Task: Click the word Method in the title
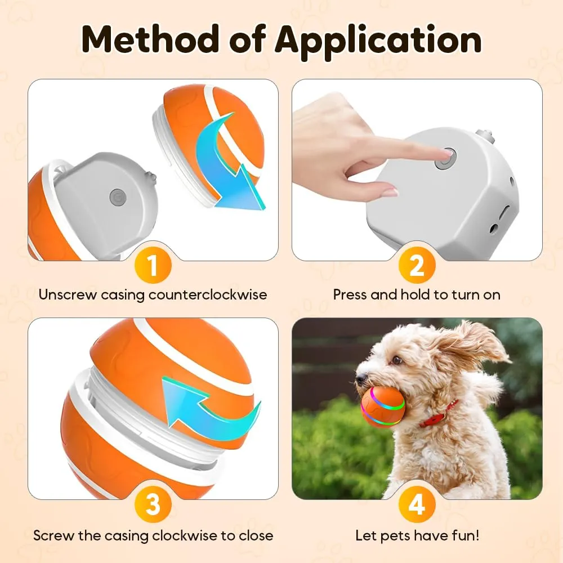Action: [150, 39]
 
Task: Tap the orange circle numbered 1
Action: [153, 265]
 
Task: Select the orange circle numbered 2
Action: [417, 265]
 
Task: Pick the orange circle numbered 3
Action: [153, 504]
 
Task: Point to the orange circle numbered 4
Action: [417, 504]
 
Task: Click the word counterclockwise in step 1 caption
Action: [208, 295]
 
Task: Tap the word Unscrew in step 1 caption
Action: [68, 295]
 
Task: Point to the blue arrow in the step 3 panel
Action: [212, 406]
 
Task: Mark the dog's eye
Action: [396, 359]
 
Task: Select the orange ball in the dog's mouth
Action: [383, 406]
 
